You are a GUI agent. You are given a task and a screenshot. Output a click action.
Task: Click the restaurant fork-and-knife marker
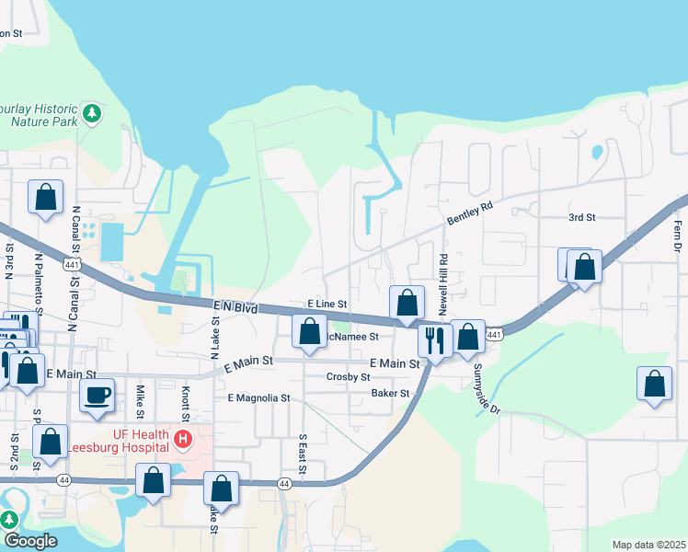(x=435, y=339)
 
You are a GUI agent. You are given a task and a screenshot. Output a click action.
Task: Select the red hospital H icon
(x=183, y=441)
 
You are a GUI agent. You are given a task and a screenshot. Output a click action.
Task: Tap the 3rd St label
(x=581, y=217)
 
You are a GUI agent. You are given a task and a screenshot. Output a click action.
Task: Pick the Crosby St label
(x=348, y=377)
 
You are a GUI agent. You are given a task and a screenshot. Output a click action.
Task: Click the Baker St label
(x=390, y=393)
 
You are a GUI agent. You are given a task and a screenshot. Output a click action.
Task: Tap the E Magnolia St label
(x=258, y=398)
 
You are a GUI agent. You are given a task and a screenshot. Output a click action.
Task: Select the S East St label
(x=302, y=455)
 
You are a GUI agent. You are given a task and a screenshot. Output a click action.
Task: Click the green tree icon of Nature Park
(x=91, y=113)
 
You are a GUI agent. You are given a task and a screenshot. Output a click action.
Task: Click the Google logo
(x=30, y=541)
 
